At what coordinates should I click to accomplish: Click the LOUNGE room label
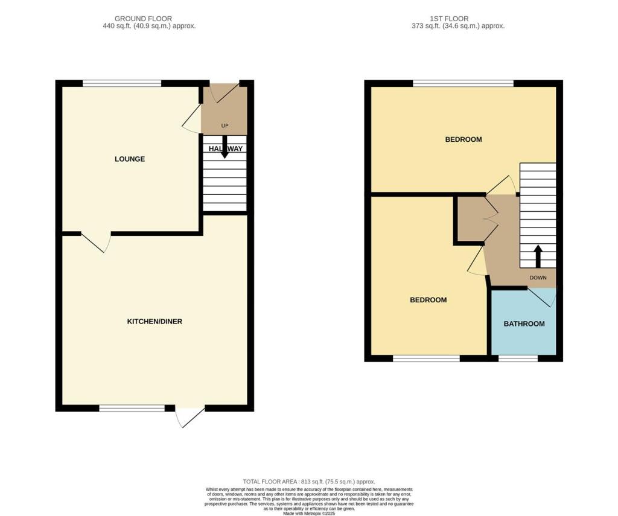coord(130,159)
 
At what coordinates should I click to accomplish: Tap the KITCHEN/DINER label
coord(154,322)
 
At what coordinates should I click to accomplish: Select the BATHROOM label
coord(524,324)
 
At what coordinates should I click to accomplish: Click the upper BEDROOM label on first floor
coord(463,139)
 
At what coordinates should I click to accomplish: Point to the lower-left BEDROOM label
coord(428,300)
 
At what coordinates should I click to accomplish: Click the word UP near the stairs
coord(225,126)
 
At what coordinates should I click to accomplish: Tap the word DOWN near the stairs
coord(538,278)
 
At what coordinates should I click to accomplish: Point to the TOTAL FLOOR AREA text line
coord(309,482)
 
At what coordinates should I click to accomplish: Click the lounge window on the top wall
coord(122,83)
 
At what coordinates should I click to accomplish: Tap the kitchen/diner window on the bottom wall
coord(132,409)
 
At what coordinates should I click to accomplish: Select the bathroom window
coord(518,358)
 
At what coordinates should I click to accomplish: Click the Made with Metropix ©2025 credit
coord(309,512)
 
